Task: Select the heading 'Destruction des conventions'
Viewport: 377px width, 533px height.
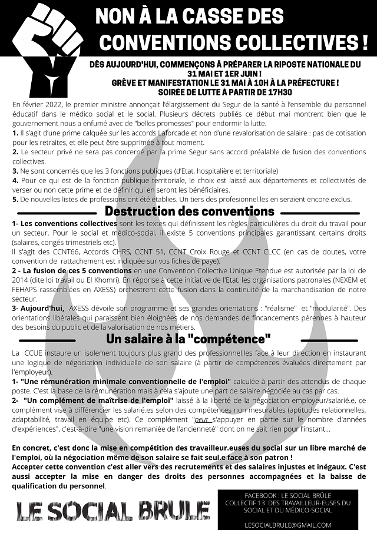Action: coord(189,211)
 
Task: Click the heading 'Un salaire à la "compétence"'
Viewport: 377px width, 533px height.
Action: coord(188,339)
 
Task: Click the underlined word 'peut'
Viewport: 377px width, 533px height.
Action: coord(203,421)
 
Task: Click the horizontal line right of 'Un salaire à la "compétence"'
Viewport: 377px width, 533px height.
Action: coord(322,340)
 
